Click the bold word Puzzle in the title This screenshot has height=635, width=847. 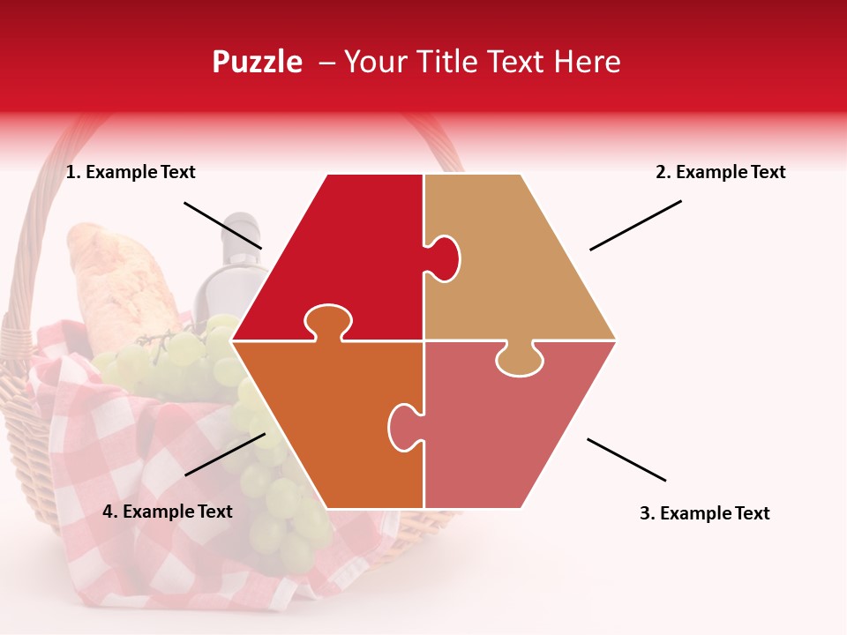point(257,62)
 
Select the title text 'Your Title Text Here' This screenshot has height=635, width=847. point(482,62)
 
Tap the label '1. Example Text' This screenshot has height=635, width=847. point(131,173)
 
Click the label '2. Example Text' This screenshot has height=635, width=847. point(720,173)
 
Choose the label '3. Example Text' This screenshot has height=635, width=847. point(704,513)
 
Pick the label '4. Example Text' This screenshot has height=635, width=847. point(168,512)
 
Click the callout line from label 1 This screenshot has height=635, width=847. point(222,225)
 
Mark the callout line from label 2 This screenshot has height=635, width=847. point(635,225)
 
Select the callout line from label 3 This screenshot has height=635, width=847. point(626,459)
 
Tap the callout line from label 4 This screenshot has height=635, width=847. point(225,454)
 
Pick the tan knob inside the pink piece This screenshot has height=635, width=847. point(520,359)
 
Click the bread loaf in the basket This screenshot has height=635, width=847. point(115,282)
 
